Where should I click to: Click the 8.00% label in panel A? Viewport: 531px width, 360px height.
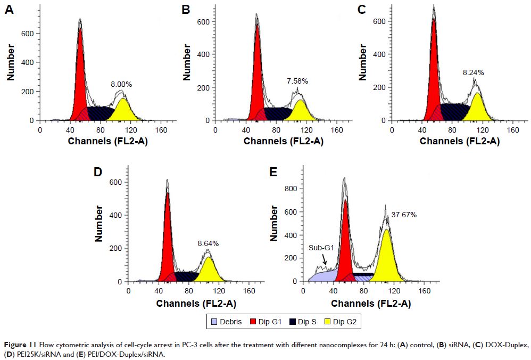point(121,84)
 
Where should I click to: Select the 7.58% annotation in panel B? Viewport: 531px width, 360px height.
point(297,81)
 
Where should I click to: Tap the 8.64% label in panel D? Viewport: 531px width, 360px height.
point(208,243)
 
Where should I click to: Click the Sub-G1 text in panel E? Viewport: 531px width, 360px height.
point(320,248)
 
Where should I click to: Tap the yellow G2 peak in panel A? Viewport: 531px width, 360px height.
point(122,109)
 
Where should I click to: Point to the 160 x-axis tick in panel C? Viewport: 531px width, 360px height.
point(512,129)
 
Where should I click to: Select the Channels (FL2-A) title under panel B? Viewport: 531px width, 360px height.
point(283,141)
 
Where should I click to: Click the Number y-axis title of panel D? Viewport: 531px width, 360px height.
point(99,226)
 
